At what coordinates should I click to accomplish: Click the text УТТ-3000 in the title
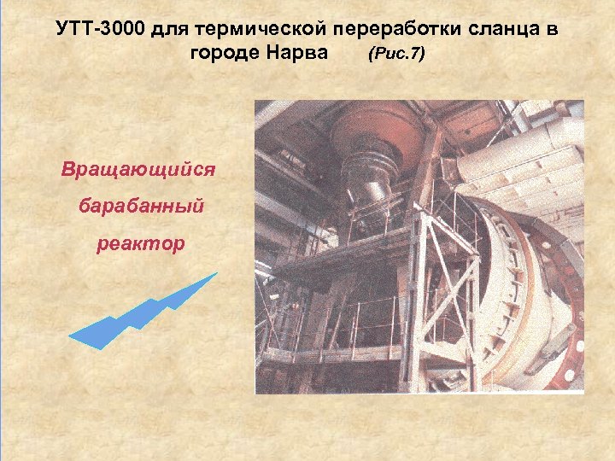coord(100,31)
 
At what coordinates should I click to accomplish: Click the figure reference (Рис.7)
coord(395,56)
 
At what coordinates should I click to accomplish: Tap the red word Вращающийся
coord(138,167)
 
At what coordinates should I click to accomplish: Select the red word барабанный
coord(138,206)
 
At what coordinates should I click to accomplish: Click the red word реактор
coord(138,244)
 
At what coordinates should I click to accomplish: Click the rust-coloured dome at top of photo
coord(367,128)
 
